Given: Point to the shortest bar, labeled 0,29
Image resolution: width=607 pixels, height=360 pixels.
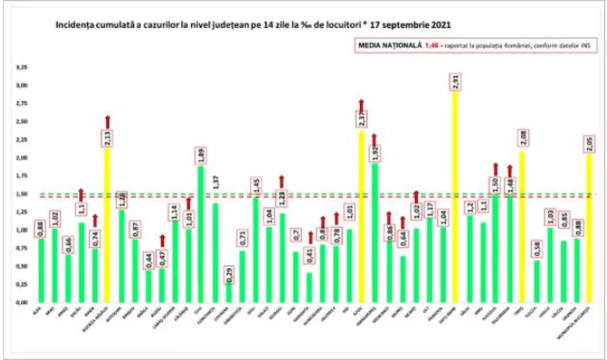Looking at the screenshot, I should point(228,292).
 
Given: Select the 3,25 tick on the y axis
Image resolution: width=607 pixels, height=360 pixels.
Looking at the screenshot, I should point(22,68).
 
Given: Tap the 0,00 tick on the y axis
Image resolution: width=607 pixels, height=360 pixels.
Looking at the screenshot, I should point(22,303).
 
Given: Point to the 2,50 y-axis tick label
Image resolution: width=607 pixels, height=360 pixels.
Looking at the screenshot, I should point(22,122).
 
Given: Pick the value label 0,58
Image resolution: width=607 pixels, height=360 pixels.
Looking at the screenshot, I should point(535,249).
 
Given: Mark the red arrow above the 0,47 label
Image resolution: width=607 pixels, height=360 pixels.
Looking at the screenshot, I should point(161,241).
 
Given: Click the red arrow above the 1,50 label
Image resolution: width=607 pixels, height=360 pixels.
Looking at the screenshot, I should point(496,168).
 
